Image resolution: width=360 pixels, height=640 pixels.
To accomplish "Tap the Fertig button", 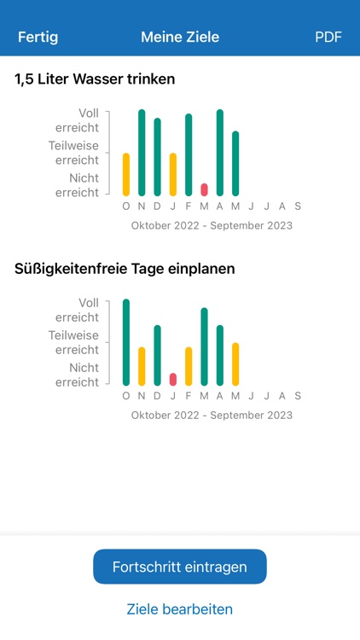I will click(x=38, y=38).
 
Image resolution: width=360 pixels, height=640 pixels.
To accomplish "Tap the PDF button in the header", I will click(x=328, y=38).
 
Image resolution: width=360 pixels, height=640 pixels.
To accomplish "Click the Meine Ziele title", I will click(x=180, y=38).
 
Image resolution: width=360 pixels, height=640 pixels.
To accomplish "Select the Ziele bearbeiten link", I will click(x=180, y=609).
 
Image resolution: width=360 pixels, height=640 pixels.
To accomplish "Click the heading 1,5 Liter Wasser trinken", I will click(x=95, y=79).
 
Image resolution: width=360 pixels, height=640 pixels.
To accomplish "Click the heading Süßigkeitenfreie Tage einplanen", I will click(x=125, y=269).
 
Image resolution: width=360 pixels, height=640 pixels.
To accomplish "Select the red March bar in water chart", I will click(x=204, y=189).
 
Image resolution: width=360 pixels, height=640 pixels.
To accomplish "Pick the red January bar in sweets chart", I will click(x=173, y=380).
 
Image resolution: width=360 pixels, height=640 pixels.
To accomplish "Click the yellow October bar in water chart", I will click(x=126, y=175).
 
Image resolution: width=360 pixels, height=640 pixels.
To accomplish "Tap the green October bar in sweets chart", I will click(x=126, y=342).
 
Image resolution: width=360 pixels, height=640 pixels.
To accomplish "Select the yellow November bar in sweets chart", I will click(x=142, y=366).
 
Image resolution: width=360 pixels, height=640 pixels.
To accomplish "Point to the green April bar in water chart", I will click(x=219, y=153).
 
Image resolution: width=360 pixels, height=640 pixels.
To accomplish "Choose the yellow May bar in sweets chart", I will click(x=235, y=364).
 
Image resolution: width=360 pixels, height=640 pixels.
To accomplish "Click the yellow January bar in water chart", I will click(x=173, y=175).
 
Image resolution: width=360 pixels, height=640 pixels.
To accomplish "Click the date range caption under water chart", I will click(x=212, y=226).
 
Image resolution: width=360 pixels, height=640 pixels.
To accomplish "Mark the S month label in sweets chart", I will click(x=298, y=396).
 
